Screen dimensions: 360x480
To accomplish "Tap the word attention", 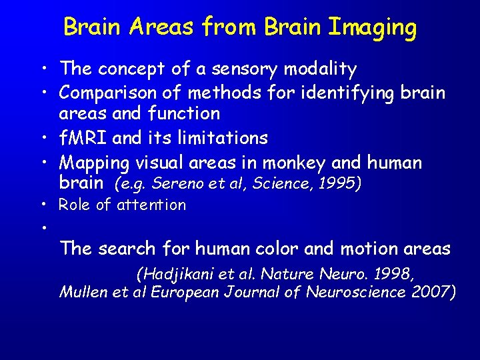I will [151, 205].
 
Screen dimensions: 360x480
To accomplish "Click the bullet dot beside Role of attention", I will [42, 205].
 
